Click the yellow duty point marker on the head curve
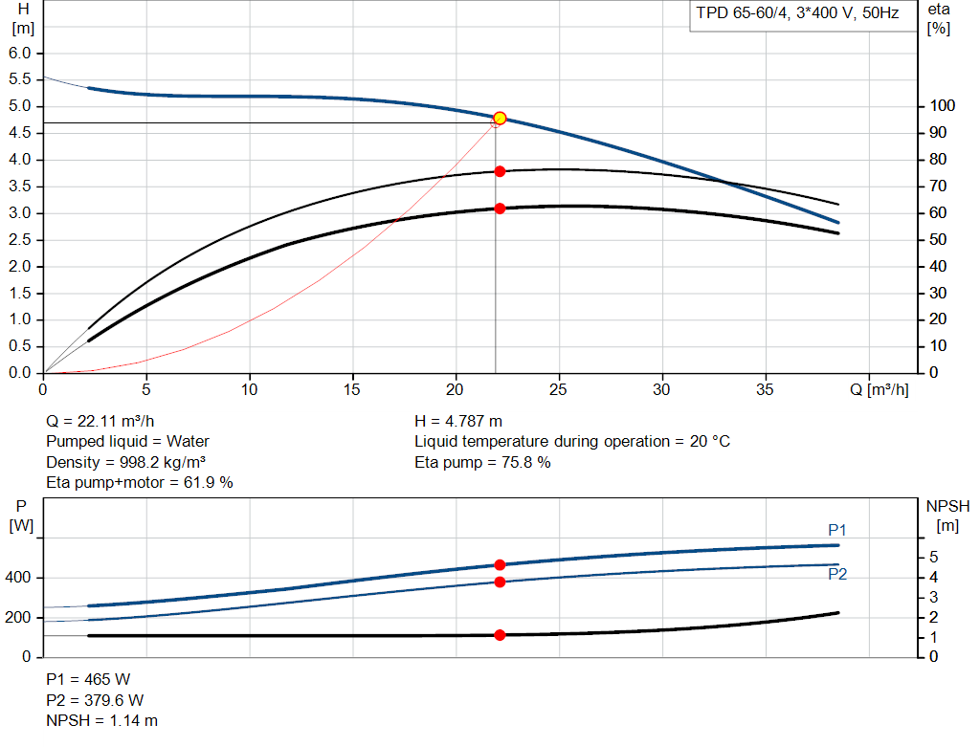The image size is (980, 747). coord(500,119)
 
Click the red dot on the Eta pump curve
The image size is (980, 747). coord(500,171)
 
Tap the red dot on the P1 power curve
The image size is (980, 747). coord(500,565)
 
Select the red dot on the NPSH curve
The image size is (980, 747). coord(500,635)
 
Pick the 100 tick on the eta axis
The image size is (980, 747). coord(942,106)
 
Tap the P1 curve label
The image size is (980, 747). coord(837,530)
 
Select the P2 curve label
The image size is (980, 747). coord(837,574)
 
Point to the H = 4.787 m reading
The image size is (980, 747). coord(458,421)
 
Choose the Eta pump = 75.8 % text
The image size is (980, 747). coord(482,462)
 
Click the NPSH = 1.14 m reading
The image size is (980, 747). coord(102,720)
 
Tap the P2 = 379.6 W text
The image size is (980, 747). coord(96,700)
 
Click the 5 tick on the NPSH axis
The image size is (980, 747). coord(934,558)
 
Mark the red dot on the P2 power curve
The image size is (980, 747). coord(500,582)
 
